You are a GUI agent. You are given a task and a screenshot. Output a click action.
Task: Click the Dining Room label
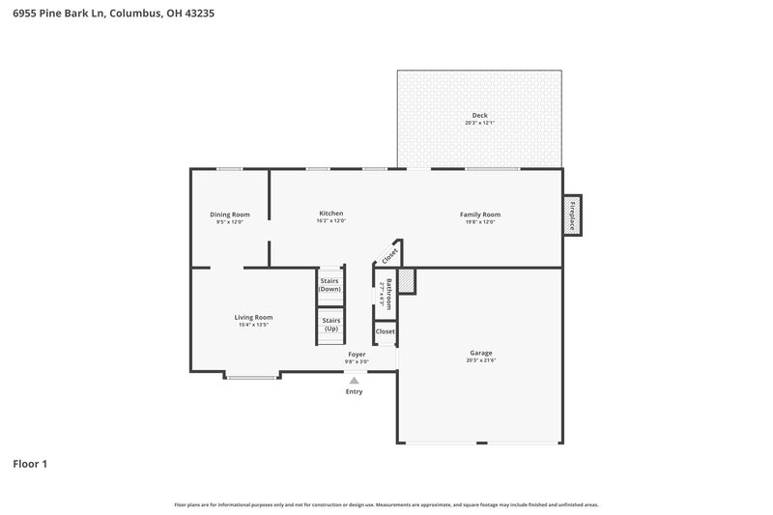click(x=230, y=215)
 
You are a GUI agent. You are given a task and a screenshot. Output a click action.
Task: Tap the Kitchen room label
click(x=331, y=214)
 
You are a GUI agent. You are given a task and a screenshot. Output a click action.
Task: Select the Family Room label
click(x=480, y=215)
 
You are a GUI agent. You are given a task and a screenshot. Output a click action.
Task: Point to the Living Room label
click(x=253, y=317)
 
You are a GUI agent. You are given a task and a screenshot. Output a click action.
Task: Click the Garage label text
click(x=481, y=353)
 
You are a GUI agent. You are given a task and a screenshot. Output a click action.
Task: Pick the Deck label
click(x=480, y=116)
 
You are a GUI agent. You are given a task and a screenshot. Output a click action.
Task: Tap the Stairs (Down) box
click(x=330, y=285)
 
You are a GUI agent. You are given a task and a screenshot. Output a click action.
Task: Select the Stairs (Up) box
click(x=330, y=325)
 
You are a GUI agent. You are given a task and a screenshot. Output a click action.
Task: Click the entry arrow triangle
click(x=355, y=381)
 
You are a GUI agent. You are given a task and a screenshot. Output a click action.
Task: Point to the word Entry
click(x=355, y=391)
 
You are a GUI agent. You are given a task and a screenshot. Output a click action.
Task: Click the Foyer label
click(x=358, y=355)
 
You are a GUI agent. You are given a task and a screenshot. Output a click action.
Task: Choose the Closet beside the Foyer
click(x=386, y=331)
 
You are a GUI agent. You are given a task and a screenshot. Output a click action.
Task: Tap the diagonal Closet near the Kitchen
click(x=389, y=255)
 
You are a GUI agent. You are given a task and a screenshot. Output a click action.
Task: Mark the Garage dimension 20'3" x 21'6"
click(x=481, y=360)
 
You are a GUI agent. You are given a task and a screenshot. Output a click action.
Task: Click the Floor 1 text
click(x=30, y=465)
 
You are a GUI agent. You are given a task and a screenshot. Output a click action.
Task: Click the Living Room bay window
click(x=253, y=377)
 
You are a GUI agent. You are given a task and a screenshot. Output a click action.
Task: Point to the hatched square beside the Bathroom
click(x=407, y=281)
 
